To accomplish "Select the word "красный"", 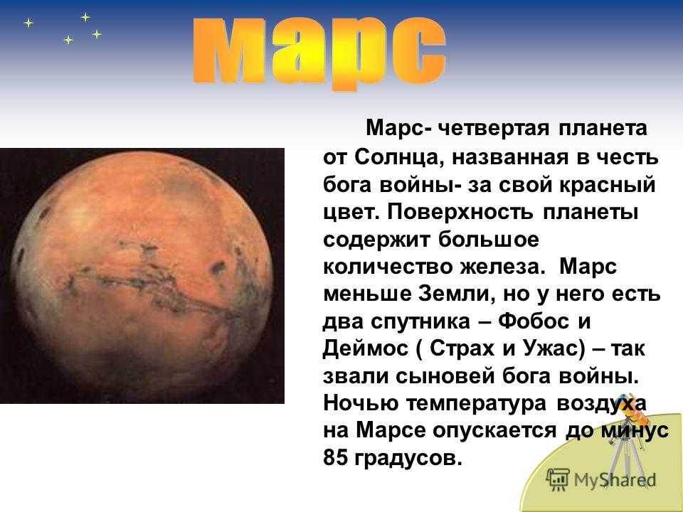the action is click(607, 185).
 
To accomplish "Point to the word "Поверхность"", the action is click(459, 213).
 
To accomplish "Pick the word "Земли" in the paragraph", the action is click(455, 294).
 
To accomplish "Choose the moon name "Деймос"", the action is click(366, 349).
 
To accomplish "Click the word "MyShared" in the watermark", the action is click(615, 480).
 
